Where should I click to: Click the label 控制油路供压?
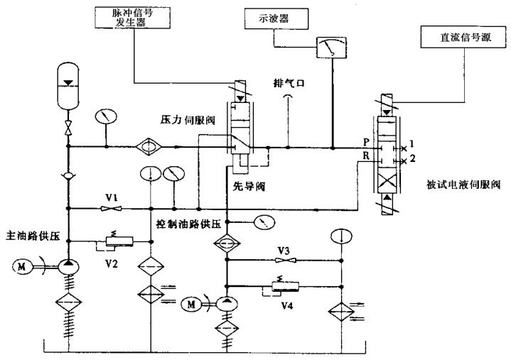click(188, 224)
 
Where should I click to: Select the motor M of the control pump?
click(191, 304)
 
